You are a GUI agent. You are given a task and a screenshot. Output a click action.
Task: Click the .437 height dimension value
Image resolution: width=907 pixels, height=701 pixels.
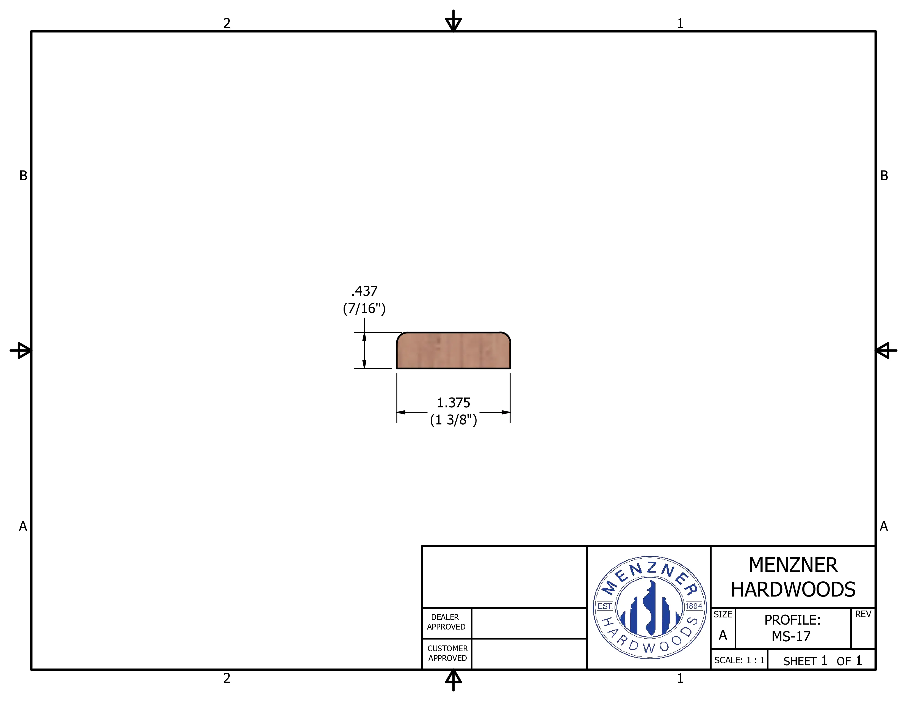tap(364, 291)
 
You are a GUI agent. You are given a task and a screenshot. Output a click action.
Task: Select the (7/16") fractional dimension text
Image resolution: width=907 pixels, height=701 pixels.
tap(364, 308)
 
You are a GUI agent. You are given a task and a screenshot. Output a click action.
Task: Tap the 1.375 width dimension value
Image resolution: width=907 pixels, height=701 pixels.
tap(453, 402)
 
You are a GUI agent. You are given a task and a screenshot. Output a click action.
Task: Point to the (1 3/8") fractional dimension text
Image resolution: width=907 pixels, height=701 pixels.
tap(453, 420)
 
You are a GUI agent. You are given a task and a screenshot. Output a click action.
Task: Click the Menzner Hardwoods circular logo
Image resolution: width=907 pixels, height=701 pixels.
tap(649, 608)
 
